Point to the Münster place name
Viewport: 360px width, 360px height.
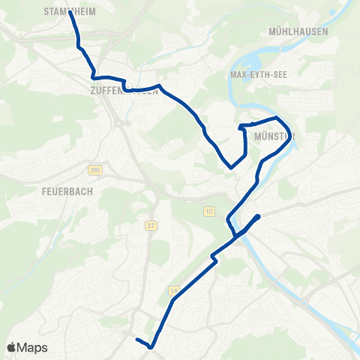274,136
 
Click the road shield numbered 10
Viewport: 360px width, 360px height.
208,212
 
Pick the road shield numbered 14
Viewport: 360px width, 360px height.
174,289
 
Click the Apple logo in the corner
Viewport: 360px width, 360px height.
11,347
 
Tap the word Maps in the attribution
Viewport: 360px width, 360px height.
33,348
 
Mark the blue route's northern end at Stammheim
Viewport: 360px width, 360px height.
70,12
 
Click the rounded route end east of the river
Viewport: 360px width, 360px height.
258,217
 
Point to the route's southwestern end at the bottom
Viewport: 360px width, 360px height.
137,340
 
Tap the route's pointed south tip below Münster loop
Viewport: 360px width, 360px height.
231,167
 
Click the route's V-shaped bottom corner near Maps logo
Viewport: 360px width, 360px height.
152,347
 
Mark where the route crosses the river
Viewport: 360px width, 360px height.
239,235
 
